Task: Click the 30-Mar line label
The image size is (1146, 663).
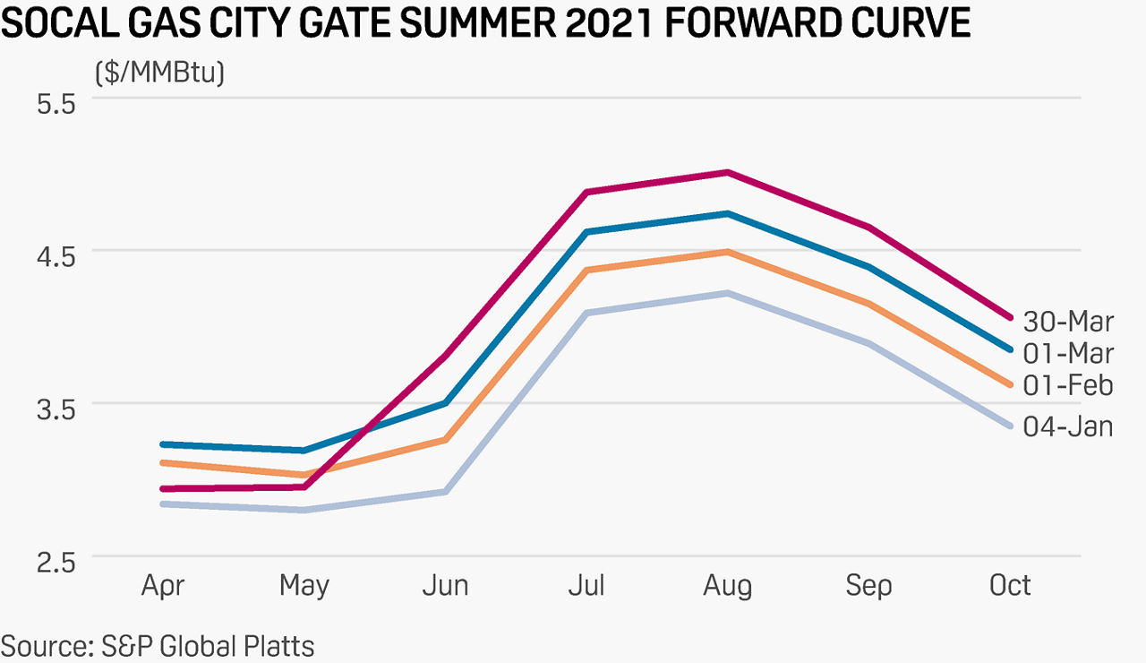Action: pos(1068,321)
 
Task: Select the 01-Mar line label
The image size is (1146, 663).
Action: pos(1068,353)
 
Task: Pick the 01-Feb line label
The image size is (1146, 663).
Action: pos(1068,385)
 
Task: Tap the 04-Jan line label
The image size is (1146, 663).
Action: pos(1068,426)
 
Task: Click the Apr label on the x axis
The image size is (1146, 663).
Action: pos(163,586)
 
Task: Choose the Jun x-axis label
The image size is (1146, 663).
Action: pos(445,586)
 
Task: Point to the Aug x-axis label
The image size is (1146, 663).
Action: pos(728,586)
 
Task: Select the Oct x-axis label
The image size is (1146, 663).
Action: pos(1010,586)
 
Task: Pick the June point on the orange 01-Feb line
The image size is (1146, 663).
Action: pos(445,440)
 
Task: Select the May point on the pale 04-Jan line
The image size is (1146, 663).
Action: pos(304,510)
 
